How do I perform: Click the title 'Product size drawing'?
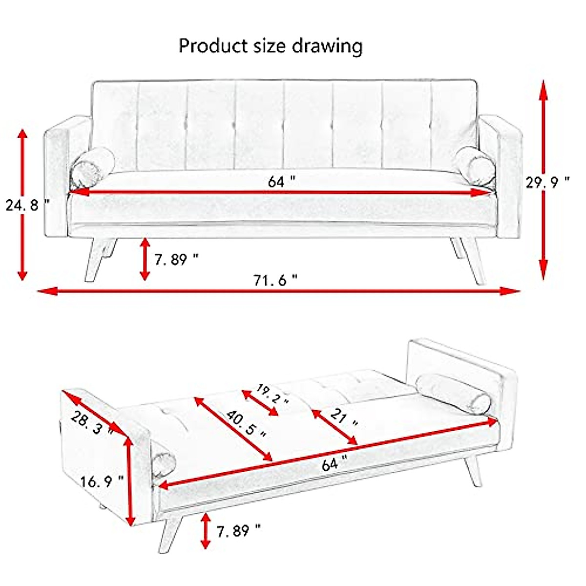(x=271, y=46)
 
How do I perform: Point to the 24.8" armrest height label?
(x=27, y=205)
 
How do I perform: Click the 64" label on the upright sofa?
(x=281, y=182)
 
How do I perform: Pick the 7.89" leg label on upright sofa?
(x=176, y=259)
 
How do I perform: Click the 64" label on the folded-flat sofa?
(x=335, y=462)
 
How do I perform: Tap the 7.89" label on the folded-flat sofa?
(x=238, y=530)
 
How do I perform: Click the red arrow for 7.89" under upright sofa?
(x=145, y=259)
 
